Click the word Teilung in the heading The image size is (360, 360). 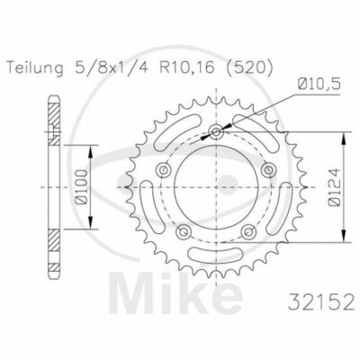click(36, 68)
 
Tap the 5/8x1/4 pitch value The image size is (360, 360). click(113, 68)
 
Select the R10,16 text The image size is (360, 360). click(187, 68)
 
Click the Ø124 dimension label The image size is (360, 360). click(334, 187)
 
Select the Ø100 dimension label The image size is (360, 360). click(80, 187)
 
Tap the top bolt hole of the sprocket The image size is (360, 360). click(216, 131)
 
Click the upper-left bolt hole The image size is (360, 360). click(164, 170)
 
